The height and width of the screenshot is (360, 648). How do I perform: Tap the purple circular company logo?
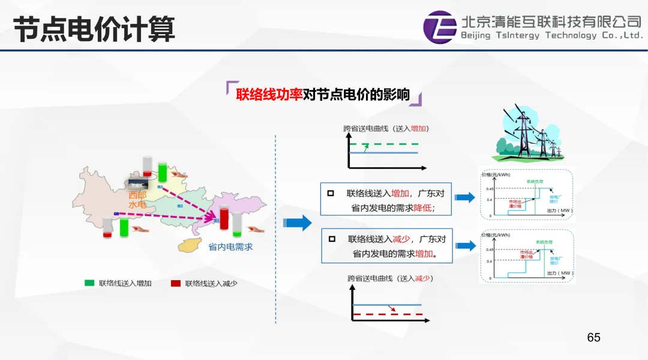point(439,27)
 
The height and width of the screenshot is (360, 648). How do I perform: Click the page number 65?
point(593,337)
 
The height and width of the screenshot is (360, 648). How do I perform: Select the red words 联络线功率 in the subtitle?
point(269,95)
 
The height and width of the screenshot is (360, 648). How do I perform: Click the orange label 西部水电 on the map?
point(137,200)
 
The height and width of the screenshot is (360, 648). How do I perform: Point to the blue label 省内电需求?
point(230,247)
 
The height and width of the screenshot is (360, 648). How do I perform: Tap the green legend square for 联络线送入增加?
point(89,283)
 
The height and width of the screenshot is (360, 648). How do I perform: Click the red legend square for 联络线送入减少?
point(176,283)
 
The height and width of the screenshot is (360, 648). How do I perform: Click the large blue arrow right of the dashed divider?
point(298,223)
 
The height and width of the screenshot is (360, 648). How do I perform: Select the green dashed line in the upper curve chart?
point(387,145)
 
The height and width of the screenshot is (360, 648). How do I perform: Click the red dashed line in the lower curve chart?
point(387,314)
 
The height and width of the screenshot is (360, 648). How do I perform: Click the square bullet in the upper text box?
point(330,193)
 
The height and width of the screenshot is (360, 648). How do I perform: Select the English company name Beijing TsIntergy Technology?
point(551,35)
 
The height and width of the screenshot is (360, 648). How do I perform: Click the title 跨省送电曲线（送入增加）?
point(386,128)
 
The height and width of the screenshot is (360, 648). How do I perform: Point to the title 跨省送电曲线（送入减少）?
point(390,278)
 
